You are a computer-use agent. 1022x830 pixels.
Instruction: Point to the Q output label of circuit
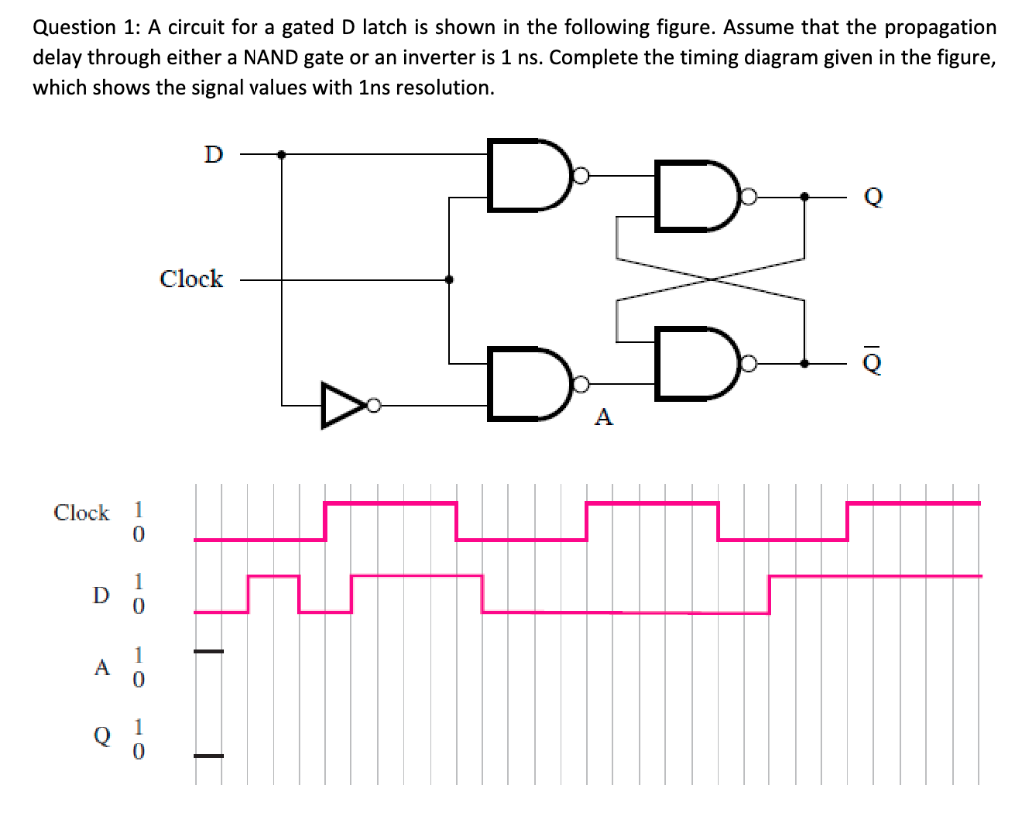click(x=872, y=197)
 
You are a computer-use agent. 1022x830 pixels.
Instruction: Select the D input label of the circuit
click(x=212, y=155)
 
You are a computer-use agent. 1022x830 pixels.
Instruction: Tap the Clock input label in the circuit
click(x=191, y=279)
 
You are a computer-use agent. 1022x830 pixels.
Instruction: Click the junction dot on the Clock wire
click(x=450, y=280)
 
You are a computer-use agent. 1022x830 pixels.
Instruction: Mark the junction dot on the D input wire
click(x=282, y=155)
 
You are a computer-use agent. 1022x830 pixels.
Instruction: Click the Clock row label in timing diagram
click(x=81, y=513)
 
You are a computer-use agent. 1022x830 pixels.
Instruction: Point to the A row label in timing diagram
click(x=100, y=669)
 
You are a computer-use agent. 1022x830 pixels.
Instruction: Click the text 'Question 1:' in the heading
click(x=78, y=28)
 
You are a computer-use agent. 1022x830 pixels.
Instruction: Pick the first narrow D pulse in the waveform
click(x=273, y=577)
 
